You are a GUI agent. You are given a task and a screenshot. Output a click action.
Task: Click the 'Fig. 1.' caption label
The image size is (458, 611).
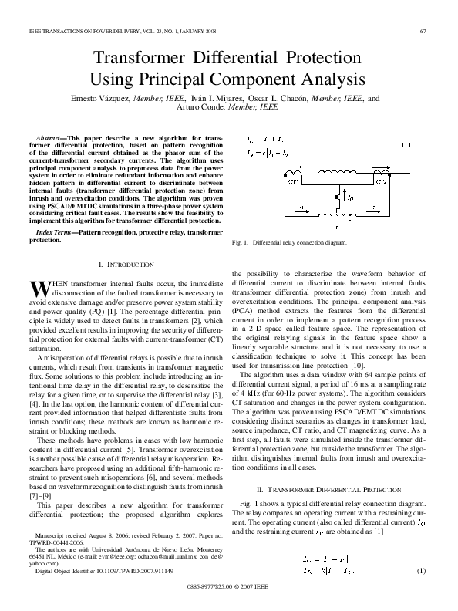click(x=240, y=242)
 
